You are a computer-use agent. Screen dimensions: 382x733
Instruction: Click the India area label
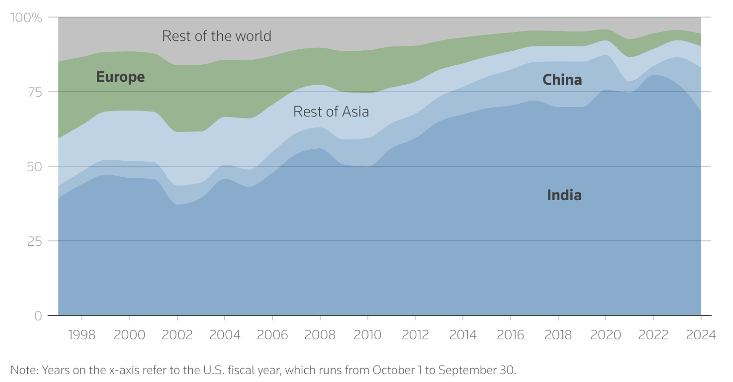click(564, 195)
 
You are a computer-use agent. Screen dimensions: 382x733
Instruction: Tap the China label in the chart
click(562, 80)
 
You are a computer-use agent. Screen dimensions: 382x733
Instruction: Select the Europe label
click(120, 77)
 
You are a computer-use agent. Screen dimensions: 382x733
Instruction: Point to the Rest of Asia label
click(331, 112)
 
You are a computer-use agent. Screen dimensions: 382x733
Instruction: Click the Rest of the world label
click(216, 36)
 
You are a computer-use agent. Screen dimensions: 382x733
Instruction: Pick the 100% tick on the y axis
click(26, 18)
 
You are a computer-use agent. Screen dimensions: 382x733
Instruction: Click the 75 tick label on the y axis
click(35, 92)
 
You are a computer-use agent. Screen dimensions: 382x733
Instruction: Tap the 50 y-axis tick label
click(34, 167)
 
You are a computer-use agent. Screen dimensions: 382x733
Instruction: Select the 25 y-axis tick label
click(35, 241)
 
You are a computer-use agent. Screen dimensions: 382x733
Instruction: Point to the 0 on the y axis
click(38, 316)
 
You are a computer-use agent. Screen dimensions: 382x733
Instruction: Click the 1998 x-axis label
click(82, 335)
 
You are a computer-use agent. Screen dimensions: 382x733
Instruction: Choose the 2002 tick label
click(177, 335)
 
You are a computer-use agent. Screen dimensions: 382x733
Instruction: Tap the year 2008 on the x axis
click(320, 335)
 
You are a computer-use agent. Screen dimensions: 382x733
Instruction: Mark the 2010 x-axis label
click(367, 335)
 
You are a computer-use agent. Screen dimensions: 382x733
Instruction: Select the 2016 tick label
click(510, 335)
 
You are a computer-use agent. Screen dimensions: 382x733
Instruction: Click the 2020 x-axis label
click(605, 335)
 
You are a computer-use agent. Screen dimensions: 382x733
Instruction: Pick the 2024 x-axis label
click(700, 335)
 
